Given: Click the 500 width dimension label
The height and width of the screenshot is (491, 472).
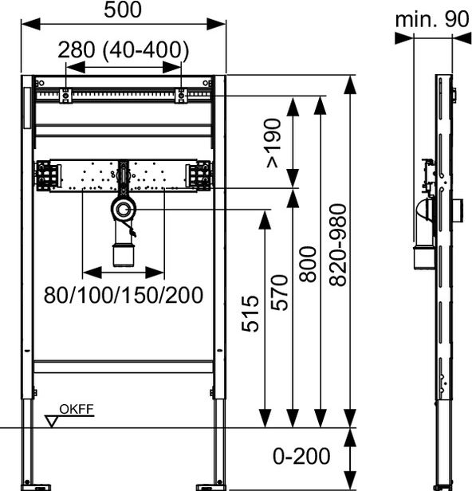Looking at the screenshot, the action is coord(123,10).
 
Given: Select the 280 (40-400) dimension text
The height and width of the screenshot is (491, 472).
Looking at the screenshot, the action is coord(124,49).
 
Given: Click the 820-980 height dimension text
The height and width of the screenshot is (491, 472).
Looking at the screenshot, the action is coord(338,245).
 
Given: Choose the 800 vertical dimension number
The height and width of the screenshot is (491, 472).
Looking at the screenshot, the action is coord(308,264).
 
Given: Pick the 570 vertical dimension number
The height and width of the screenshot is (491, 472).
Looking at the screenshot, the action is coord(279,293).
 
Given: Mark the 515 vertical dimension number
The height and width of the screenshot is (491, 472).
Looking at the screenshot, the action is coord(250,313).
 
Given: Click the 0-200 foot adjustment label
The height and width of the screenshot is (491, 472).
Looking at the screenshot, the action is coord(301,456).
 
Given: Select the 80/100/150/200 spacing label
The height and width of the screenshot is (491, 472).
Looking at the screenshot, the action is coord(124,295).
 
